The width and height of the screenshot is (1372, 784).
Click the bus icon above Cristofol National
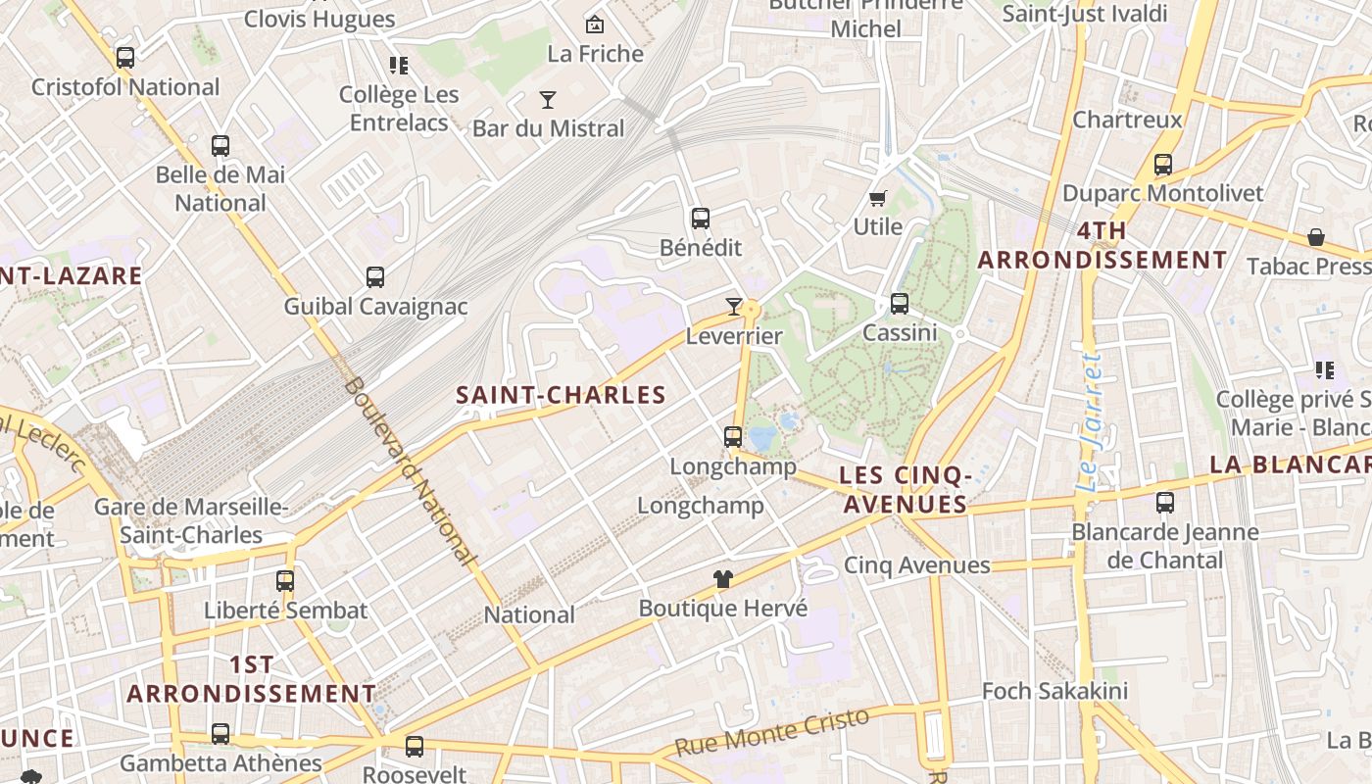pos(125,58)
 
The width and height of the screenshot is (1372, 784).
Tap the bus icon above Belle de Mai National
pos(220,146)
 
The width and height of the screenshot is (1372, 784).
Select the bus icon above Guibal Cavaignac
pos(375,277)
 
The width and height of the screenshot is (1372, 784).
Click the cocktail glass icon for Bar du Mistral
pos(548,99)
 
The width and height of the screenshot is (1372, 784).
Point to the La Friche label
pos(595,54)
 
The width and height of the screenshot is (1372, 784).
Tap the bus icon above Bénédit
pos(700,219)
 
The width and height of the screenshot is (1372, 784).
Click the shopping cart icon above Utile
pos(878,198)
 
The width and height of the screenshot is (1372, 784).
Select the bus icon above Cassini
pos(900,304)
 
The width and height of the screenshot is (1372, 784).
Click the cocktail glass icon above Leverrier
pos(733,307)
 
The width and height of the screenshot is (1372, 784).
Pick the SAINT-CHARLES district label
pos(561,395)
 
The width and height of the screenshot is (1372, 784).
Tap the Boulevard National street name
pos(410,470)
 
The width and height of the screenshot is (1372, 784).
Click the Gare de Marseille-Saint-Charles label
pos(191,521)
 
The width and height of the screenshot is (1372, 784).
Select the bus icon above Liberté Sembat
pos(285,581)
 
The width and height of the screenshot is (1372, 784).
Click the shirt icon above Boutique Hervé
pos(723,579)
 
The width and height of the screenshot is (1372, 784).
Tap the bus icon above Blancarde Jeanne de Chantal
pos(1165,503)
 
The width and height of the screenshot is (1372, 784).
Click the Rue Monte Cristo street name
pos(772,732)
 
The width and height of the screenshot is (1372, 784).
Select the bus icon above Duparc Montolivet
pos(1163,165)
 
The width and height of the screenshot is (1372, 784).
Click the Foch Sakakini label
pos(1054,691)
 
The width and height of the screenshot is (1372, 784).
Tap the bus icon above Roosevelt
pos(415,747)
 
